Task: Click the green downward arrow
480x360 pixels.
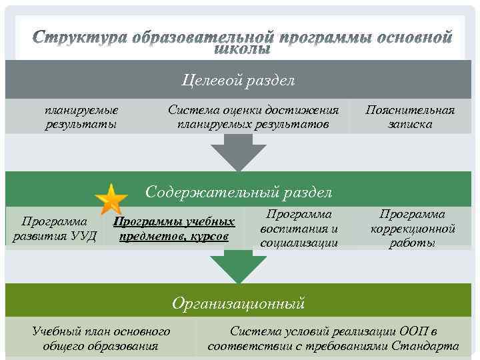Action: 239,269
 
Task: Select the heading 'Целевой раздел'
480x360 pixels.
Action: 239,81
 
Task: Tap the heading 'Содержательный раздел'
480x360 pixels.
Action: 239,193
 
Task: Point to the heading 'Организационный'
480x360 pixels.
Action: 239,304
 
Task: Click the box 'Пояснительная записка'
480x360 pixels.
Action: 409,117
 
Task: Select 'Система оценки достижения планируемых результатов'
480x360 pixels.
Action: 253,117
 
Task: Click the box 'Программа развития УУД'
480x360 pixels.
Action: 55,229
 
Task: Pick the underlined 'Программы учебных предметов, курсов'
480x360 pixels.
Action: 174,229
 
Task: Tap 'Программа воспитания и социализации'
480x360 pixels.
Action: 299,229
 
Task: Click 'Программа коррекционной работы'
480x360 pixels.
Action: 413,229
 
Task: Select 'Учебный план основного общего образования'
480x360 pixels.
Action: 101,338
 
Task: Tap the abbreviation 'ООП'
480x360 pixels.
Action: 413,331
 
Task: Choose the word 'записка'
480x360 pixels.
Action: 409,124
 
